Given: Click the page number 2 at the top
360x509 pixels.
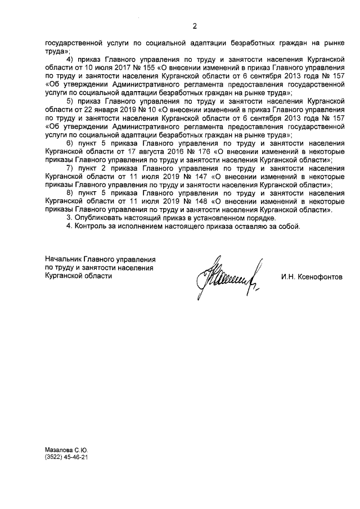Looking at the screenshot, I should pyautogui.click(x=195, y=26).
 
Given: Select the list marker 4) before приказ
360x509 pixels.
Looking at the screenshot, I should pyautogui.click(x=70, y=59).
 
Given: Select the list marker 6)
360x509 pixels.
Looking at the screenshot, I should pyautogui.click(x=70, y=144).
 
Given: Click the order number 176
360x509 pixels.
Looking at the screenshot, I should pyautogui.click(x=199, y=152).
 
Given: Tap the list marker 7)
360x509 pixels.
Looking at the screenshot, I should pyautogui.click(x=70, y=168).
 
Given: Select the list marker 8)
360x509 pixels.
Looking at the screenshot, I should pyautogui.click(x=70, y=192).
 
